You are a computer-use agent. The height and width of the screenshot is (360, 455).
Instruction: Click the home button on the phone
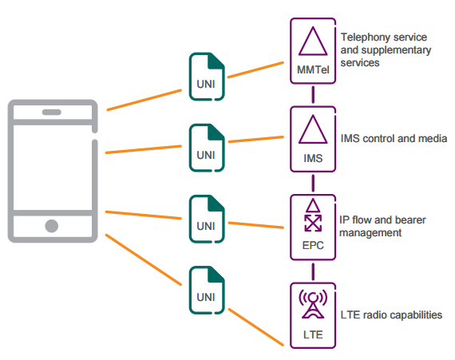click(52, 226)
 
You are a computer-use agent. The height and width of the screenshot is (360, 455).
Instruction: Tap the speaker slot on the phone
click(52, 113)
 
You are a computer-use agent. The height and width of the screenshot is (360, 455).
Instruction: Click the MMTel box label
click(313, 70)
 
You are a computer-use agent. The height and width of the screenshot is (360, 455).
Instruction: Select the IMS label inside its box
click(313, 158)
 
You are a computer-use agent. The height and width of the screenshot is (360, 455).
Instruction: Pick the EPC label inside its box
click(313, 245)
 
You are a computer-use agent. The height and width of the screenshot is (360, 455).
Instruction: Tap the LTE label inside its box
click(313, 334)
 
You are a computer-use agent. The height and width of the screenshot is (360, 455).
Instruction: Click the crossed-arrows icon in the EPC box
click(313, 223)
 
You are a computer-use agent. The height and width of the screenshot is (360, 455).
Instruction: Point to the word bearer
click(409, 220)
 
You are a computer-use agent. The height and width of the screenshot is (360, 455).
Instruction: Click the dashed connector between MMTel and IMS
click(313, 94)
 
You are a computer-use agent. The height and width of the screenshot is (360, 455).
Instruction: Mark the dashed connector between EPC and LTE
click(313, 272)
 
